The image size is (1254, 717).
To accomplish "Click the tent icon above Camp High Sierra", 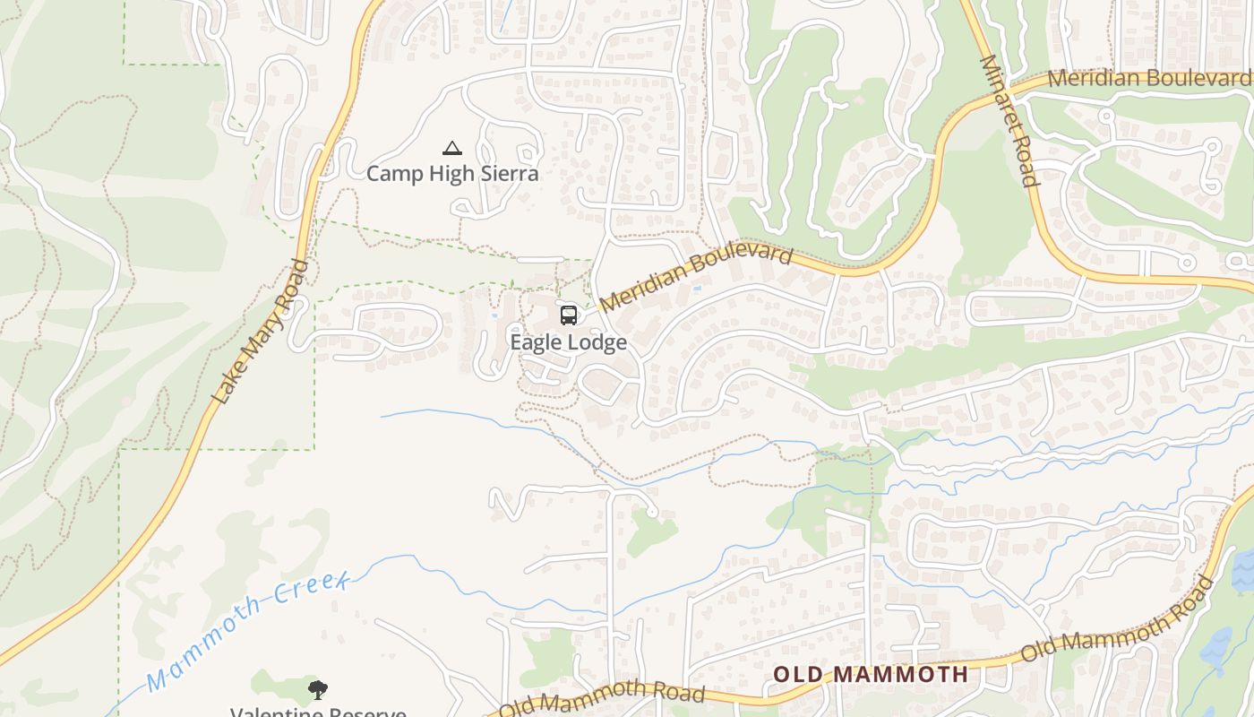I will (x=452, y=148).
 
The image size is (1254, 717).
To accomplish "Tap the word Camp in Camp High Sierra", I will (x=393, y=173).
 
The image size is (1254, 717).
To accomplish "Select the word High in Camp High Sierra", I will (x=452, y=173).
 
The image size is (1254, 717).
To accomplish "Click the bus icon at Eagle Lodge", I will (x=569, y=315).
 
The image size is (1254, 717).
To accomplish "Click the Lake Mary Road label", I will (x=260, y=332).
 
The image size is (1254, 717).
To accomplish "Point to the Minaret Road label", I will (x=1009, y=120).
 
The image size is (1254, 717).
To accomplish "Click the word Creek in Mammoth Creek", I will (x=313, y=587).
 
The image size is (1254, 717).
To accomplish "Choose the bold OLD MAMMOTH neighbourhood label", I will (x=871, y=674).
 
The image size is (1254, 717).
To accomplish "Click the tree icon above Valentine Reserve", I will (x=317, y=689).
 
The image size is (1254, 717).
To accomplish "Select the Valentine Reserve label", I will (x=318, y=712).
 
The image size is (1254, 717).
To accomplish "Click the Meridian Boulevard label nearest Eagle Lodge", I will (x=696, y=279).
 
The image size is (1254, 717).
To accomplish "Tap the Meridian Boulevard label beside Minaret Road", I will (x=1149, y=78).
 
